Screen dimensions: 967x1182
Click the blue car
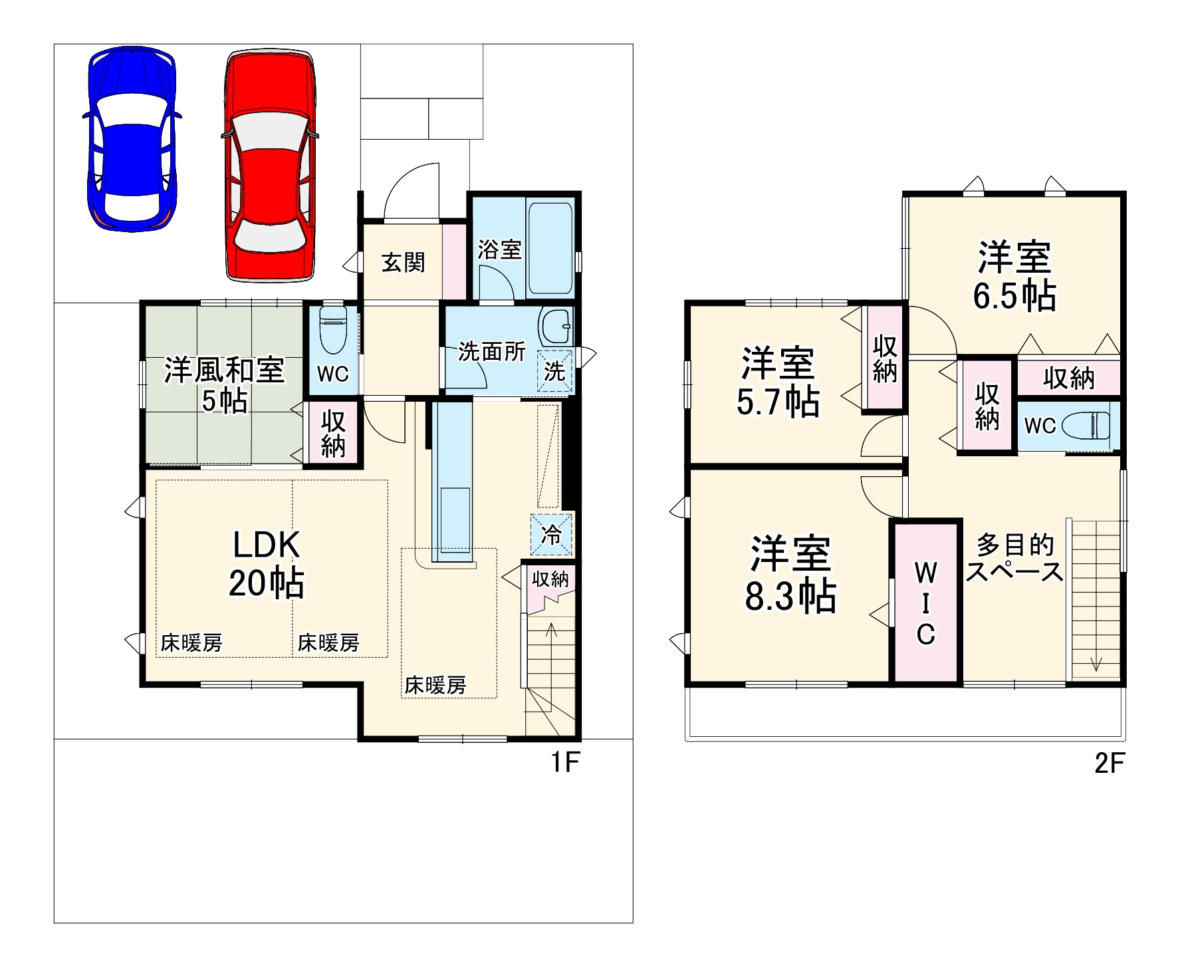pos(132,140)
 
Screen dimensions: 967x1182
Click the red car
pos(270,166)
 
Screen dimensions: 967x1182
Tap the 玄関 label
pos(403,263)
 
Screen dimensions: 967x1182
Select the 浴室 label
pos(499,250)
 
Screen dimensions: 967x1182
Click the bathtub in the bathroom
pos(550,249)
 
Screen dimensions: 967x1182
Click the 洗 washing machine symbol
pos(554,370)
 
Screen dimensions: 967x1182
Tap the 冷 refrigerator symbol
pos(551,534)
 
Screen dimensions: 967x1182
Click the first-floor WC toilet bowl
pos(333,329)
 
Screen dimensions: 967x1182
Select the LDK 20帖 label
pos(266,564)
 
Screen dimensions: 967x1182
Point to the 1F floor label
pos(565,762)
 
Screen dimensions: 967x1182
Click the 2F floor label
pos(1109,763)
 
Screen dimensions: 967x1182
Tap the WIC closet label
pos(926,603)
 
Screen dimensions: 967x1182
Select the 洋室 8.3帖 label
pos(790,573)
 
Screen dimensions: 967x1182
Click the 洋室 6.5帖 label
pos(1014,276)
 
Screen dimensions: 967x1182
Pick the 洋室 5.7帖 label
pos(778,382)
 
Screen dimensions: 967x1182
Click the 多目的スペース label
pos(1014,559)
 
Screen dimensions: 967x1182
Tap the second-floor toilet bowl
pos(1087,425)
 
